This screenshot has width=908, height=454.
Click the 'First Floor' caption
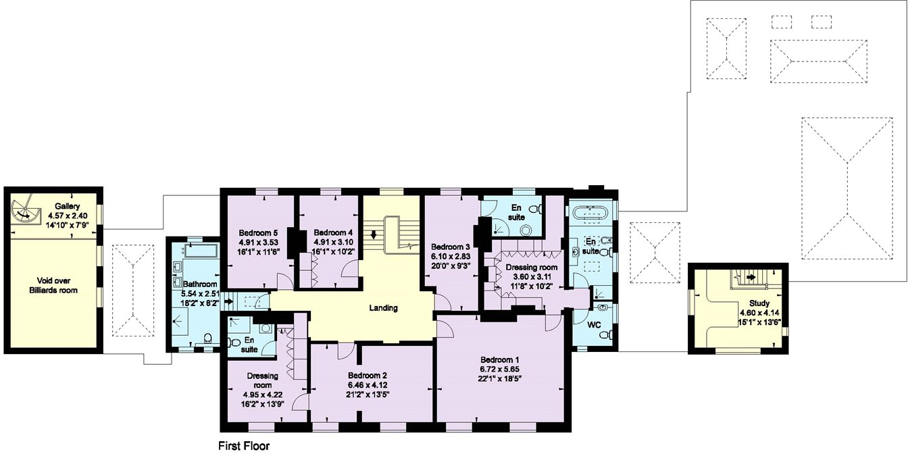244,446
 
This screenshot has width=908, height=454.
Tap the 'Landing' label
383,308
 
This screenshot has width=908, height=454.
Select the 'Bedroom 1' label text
501,359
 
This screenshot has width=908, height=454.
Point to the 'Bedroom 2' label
368,375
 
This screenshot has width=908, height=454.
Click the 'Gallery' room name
68,206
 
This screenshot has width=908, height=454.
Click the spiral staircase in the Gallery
27,211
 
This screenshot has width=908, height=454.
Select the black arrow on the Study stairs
749,276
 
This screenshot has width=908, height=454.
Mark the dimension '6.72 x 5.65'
501,370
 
